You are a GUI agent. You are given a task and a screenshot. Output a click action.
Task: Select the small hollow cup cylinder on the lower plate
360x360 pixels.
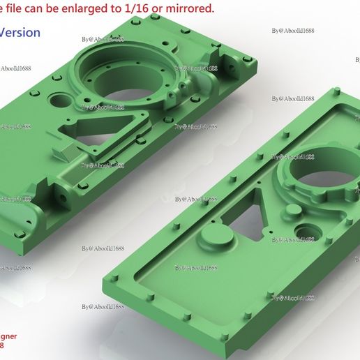(x=305, y=231)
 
